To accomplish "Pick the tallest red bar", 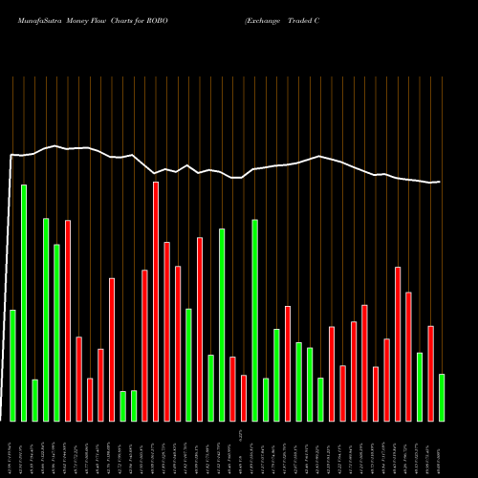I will click(x=156, y=301).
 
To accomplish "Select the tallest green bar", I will click(x=24, y=302).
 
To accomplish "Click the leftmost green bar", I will click(x=12, y=365).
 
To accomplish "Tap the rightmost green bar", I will click(x=442, y=397).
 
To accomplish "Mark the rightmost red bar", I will click(x=430, y=373).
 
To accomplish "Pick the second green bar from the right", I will click(x=420, y=386).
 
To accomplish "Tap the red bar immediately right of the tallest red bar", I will click(x=167, y=331).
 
